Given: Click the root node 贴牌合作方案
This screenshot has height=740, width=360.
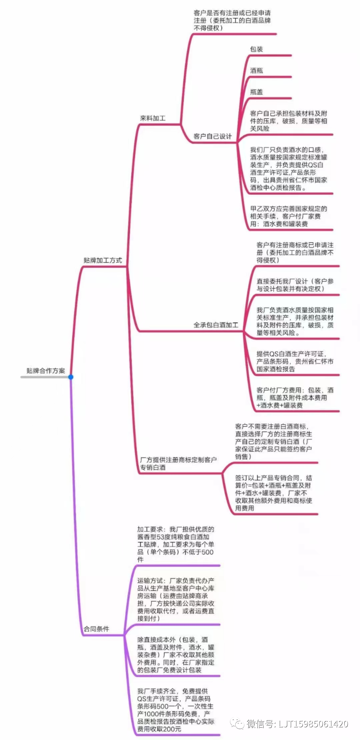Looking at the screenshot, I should [x=46, y=371].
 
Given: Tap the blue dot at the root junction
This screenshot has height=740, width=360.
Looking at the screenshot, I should [x=71, y=377].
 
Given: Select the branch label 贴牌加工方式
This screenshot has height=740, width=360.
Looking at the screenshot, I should [x=103, y=260].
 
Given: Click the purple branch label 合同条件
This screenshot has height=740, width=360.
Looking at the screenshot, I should [x=96, y=629].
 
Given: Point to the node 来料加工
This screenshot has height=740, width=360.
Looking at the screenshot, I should [x=153, y=118].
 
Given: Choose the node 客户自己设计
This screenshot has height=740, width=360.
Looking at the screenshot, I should [x=213, y=136].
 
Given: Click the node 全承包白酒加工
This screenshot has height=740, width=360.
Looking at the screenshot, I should [x=216, y=325].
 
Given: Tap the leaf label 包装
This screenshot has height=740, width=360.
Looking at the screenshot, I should [x=257, y=49].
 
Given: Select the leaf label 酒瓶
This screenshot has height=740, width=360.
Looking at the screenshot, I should [x=257, y=70].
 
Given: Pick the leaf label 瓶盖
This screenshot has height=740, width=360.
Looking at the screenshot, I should [x=257, y=92].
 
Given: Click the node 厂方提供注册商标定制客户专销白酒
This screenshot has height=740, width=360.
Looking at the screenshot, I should [x=178, y=463].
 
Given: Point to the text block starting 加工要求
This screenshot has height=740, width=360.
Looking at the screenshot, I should [x=176, y=544].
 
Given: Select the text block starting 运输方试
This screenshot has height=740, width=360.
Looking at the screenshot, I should [x=176, y=599].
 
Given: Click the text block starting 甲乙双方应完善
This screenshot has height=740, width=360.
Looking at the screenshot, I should [x=289, y=216].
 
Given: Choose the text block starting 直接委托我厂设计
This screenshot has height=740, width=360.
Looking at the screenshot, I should [x=295, y=285].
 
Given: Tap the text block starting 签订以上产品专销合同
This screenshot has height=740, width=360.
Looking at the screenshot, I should [x=274, y=493].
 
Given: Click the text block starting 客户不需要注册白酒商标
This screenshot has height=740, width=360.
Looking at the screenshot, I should [x=274, y=441].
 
